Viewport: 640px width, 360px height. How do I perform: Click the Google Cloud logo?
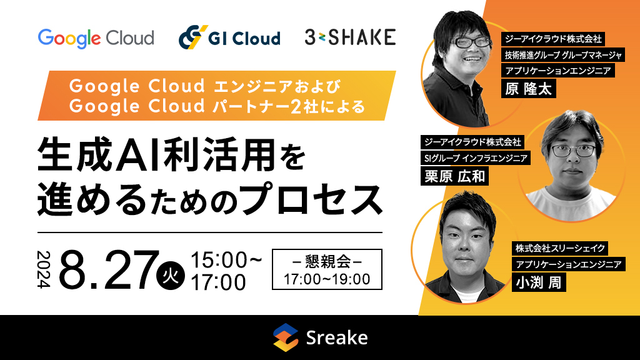click(x=96, y=38)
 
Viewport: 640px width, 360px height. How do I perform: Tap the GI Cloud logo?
click(x=229, y=37)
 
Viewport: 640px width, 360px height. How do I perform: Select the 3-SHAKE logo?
click(x=350, y=37)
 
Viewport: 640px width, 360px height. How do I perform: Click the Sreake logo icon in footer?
click(x=285, y=337)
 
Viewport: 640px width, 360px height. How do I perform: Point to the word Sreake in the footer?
click(x=337, y=338)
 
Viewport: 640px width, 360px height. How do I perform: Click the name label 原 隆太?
click(x=529, y=89)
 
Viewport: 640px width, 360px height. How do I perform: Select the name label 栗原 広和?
click(x=455, y=176)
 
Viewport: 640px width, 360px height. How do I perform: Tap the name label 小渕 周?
click(x=539, y=282)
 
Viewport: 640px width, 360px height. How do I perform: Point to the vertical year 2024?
click(x=44, y=269)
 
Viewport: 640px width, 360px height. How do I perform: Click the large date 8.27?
click(x=109, y=269)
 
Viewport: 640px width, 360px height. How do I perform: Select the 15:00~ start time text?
click(x=226, y=260)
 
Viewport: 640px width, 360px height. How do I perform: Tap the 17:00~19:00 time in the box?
click(x=327, y=279)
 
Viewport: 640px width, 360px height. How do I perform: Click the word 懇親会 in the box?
click(x=327, y=261)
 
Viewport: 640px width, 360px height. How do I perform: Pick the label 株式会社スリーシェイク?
click(x=560, y=248)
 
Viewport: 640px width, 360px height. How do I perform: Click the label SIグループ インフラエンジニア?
click(x=476, y=158)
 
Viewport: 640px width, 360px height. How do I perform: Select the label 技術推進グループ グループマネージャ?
click(x=563, y=55)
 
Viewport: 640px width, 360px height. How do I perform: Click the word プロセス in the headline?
click(x=311, y=199)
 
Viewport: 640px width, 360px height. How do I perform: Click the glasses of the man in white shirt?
click(x=573, y=151)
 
